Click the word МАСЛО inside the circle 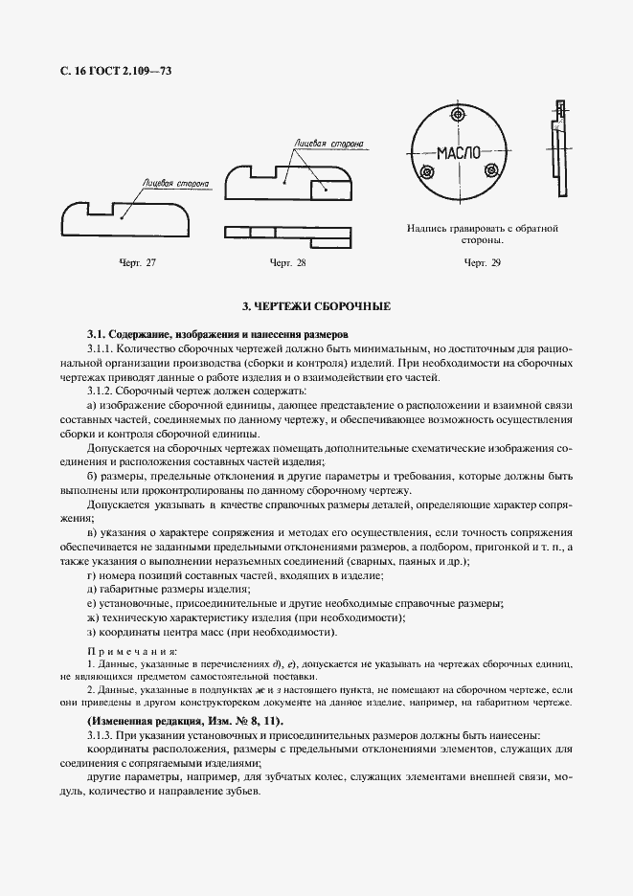pos(459,153)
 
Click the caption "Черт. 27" pos(137,262)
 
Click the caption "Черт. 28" pos(288,262)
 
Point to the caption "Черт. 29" pos(482,262)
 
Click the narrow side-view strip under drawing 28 pos(288,232)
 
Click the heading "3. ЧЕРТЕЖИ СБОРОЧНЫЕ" pos(315,306)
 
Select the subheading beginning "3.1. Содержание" pos(217,333)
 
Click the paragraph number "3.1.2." pos(102,391)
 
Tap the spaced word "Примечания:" pos(125,651)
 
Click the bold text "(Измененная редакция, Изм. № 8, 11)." pos(185,719)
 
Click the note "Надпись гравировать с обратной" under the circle pos(482,229)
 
